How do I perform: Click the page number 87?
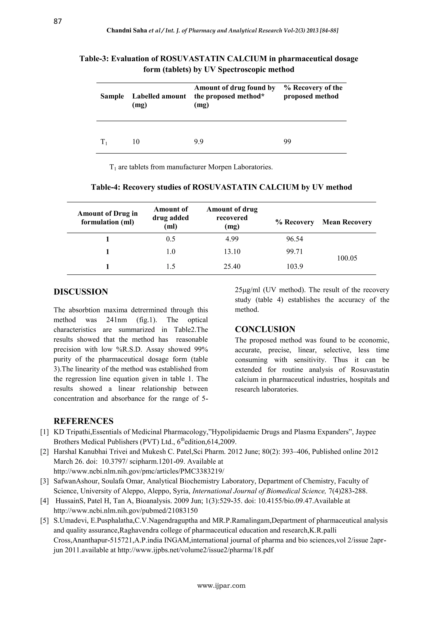(x=58, y=21)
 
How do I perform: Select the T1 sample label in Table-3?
(x=104, y=142)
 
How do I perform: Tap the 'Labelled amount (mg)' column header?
(x=159, y=100)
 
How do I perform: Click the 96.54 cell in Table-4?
(x=294, y=239)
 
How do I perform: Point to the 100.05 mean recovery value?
(x=347, y=258)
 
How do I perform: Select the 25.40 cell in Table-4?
(x=232, y=266)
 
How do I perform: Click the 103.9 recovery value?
(x=294, y=266)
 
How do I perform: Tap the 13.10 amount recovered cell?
(x=232, y=251)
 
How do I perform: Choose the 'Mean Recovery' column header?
(x=347, y=222)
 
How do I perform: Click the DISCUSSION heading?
(x=81, y=292)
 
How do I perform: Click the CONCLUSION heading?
(x=265, y=329)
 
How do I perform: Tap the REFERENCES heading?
(x=83, y=421)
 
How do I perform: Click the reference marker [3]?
(x=45, y=481)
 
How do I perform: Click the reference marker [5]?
(x=45, y=520)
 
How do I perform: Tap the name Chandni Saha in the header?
(x=127, y=30)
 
